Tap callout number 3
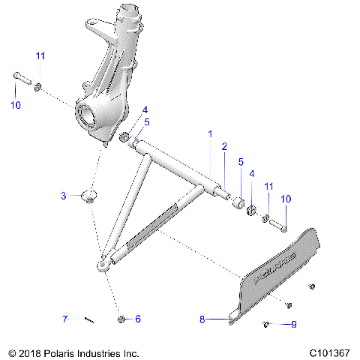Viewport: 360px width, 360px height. pos(64,196)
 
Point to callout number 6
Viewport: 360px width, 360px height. pos(138,319)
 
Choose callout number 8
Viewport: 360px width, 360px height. pos(201,319)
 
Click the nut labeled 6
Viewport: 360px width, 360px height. pos(121,319)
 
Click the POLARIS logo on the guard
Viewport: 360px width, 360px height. pos(276,267)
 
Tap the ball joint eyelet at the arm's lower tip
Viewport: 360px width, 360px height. pos(102,264)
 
